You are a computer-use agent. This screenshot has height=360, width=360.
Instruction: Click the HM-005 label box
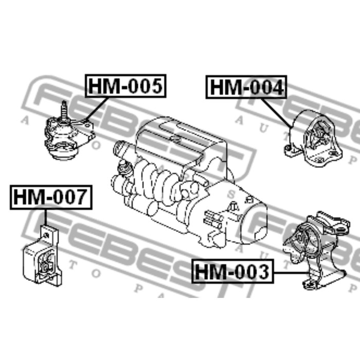[x=125, y=85]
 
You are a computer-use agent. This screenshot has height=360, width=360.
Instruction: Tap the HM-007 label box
[x=50, y=197]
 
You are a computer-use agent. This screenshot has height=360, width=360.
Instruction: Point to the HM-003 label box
[x=232, y=271]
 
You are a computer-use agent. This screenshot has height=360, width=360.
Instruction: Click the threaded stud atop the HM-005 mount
[x=64, y=110]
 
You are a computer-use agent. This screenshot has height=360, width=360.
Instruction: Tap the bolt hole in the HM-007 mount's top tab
[x=47, y=235]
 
